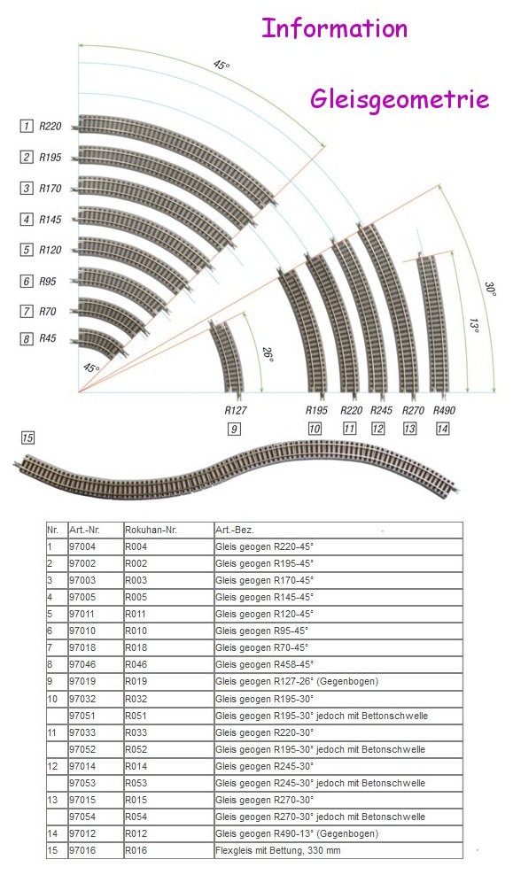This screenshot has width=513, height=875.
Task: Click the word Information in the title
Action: (x=334, y=28)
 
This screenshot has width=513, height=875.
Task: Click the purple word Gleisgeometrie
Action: (x=400, y=99)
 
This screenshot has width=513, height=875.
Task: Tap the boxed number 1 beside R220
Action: (x=27, y=127)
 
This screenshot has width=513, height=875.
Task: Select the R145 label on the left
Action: (x=51, y=220)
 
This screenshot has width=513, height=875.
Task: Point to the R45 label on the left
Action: (x=48, y=339)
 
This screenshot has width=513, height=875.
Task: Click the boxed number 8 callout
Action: (x=27, y=339)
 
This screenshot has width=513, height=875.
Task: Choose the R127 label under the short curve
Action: (x=235, y=411)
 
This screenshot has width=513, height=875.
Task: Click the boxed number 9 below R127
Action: (x=234, y=430)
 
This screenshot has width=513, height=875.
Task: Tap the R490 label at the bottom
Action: (x=444, y=411)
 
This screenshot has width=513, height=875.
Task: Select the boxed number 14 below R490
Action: (x=444, y=430)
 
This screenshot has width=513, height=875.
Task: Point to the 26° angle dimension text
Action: (x=268, y=354)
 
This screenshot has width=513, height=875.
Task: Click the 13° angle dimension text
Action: (x=475, y=326)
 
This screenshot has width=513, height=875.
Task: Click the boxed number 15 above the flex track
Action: (x=27, y=438)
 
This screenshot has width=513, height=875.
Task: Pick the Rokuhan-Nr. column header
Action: (x=152, y=529)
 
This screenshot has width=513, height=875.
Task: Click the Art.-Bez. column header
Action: (x=233, y=529)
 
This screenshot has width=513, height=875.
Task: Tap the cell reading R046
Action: (x=136, y=664)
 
